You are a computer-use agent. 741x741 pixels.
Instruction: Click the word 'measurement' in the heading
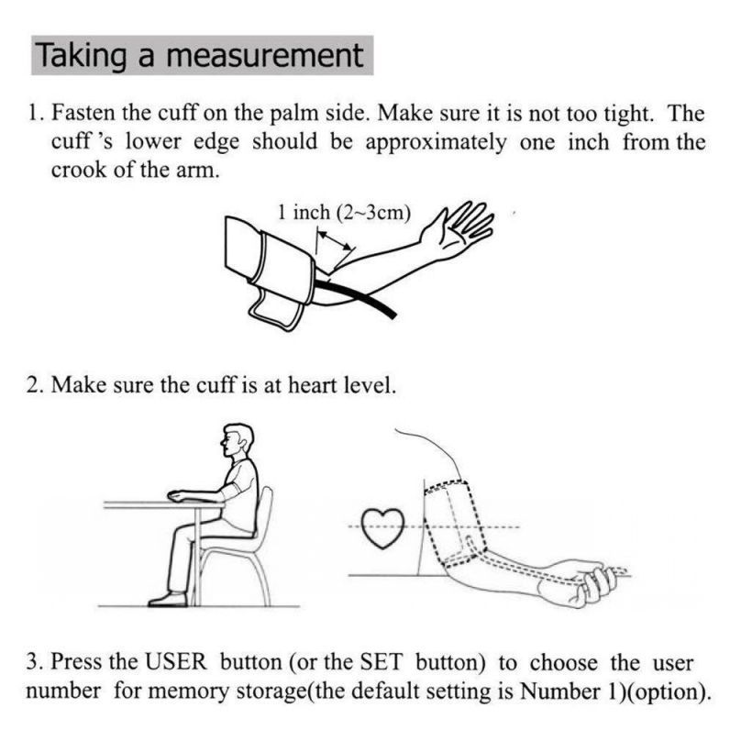(265, 55)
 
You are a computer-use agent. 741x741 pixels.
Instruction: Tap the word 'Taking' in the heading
(82, 57)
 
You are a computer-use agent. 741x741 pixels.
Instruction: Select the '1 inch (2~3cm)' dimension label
(344, 212)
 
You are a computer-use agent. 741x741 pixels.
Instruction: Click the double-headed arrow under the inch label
(335, 240)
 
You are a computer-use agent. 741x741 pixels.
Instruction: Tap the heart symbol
(382, 528)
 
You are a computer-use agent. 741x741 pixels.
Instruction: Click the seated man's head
(238, 439)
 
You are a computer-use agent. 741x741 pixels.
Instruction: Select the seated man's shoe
(168, 599)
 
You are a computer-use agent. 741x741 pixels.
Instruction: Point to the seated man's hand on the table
(179, 495)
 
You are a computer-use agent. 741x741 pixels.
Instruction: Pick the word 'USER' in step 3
(176, 661)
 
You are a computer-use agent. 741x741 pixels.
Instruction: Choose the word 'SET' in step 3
(381, 661)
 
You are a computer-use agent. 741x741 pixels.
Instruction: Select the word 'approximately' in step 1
(436, 143)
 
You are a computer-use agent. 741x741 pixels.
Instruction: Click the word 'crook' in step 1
(79, 170)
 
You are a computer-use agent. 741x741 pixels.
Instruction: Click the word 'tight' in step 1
(629, 114)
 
